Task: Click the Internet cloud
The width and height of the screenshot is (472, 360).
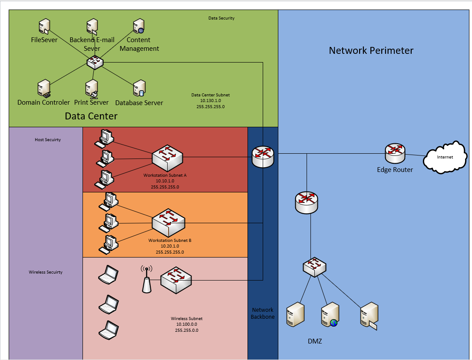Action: tap(445, 157)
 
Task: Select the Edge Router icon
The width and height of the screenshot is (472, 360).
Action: tap(395, 153)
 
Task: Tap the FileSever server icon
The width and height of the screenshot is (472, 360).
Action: tap(44, 26)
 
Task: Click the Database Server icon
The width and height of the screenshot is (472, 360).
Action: tap(139, 88)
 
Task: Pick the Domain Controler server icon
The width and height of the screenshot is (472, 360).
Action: tap(44, 89)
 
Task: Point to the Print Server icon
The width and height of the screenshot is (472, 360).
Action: tap(92, 89)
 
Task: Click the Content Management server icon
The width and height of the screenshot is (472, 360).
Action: tap(139, 26)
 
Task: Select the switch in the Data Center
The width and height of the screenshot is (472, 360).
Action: tap(95, 62)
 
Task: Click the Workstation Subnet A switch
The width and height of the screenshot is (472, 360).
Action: tap(167, 159)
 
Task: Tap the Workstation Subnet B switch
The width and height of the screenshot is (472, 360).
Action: tap(168, 223)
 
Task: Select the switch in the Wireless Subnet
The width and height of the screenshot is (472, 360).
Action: tap(176, 280)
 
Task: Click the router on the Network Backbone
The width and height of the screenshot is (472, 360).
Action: tap(263, 156)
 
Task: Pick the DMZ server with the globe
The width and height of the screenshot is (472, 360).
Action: tap(330, 315)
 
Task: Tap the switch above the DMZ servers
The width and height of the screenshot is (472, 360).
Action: tap(314, 267)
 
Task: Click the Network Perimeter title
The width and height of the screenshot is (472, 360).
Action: tap(371, 50)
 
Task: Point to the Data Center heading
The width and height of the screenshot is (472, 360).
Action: tap(91, 116)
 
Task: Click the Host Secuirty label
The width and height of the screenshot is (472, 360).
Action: tap(48, 140)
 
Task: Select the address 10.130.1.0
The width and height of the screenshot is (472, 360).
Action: tap(211, 101)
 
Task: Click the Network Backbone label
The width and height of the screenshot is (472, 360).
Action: tap(263, 314)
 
